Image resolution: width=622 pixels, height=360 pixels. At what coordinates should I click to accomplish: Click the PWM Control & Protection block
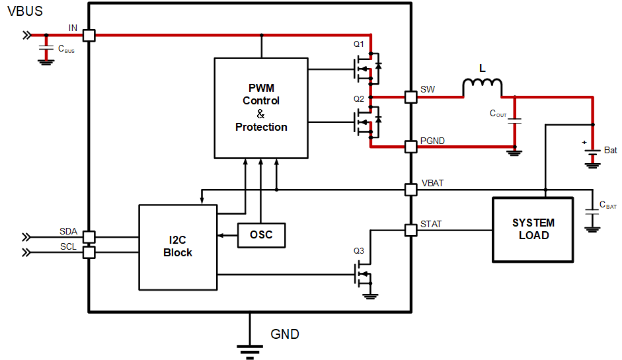261,108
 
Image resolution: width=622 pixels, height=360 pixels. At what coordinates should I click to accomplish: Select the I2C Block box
178,247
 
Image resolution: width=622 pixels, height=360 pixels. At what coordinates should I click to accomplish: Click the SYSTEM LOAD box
533,229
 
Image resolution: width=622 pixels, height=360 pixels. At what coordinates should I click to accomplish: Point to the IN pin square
89,36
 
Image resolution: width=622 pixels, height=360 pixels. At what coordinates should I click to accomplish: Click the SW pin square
410,97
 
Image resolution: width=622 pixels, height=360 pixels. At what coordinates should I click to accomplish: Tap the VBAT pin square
410,190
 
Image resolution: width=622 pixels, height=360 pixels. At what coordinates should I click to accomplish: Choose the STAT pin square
410,230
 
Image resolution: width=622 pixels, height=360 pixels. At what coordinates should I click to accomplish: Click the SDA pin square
89,236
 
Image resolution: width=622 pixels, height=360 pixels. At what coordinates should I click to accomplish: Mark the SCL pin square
89,252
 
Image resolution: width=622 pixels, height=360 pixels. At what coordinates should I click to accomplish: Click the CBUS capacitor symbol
46,49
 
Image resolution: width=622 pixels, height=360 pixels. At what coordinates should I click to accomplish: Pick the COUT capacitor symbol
516,121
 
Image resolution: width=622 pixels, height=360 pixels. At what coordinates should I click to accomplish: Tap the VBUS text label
24,11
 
